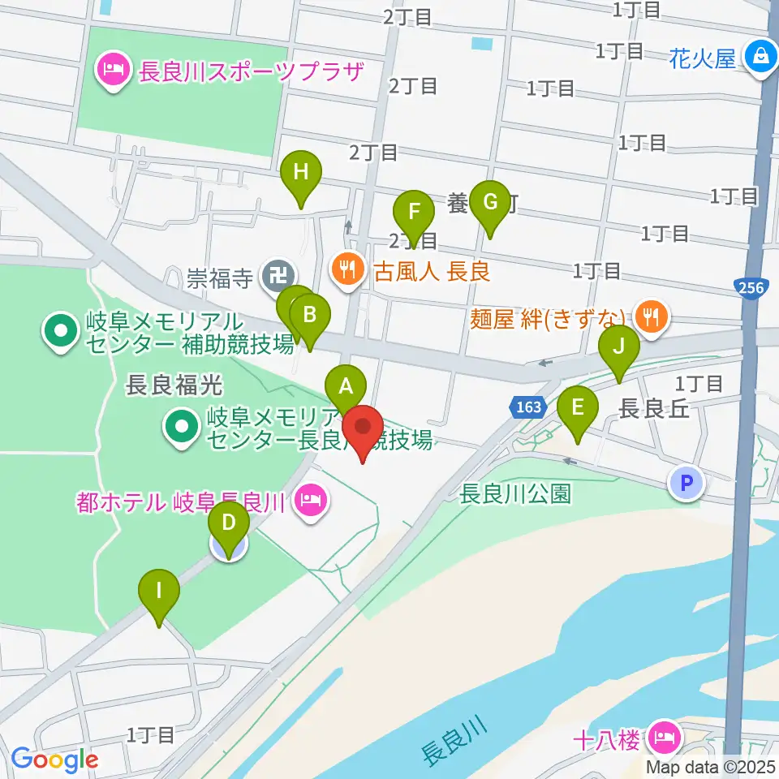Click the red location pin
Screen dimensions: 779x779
[x=362, y=430]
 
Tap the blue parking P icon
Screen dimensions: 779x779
[x=686, y=484]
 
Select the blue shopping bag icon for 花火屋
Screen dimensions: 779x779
[x=760, y=57]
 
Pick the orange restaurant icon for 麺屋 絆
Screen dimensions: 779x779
[x=650, y=316]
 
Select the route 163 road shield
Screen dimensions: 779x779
[x=527, y=406]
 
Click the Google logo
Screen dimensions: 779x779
[x=54, y=760]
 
